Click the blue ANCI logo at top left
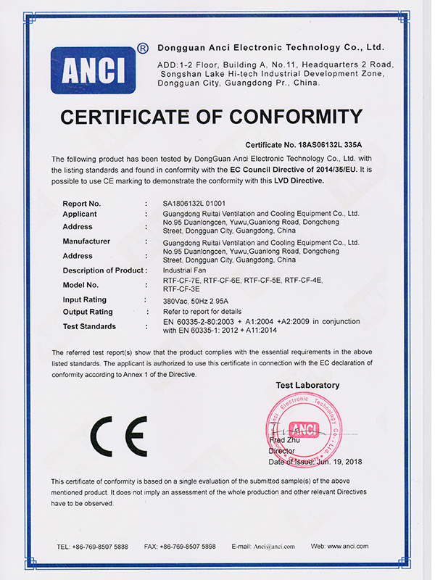[x=93, y=70]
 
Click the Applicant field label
[x=80, y=214]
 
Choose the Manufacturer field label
[x=86, y=241]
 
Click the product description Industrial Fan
[x=184, y=270]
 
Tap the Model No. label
[x=80, y=285]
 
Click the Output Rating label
[x=88, y=312]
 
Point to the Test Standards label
[x=91, y=326]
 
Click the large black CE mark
[x=118, y=436]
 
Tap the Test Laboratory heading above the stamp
[x=307, y=385]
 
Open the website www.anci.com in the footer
[x=349, y=546]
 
